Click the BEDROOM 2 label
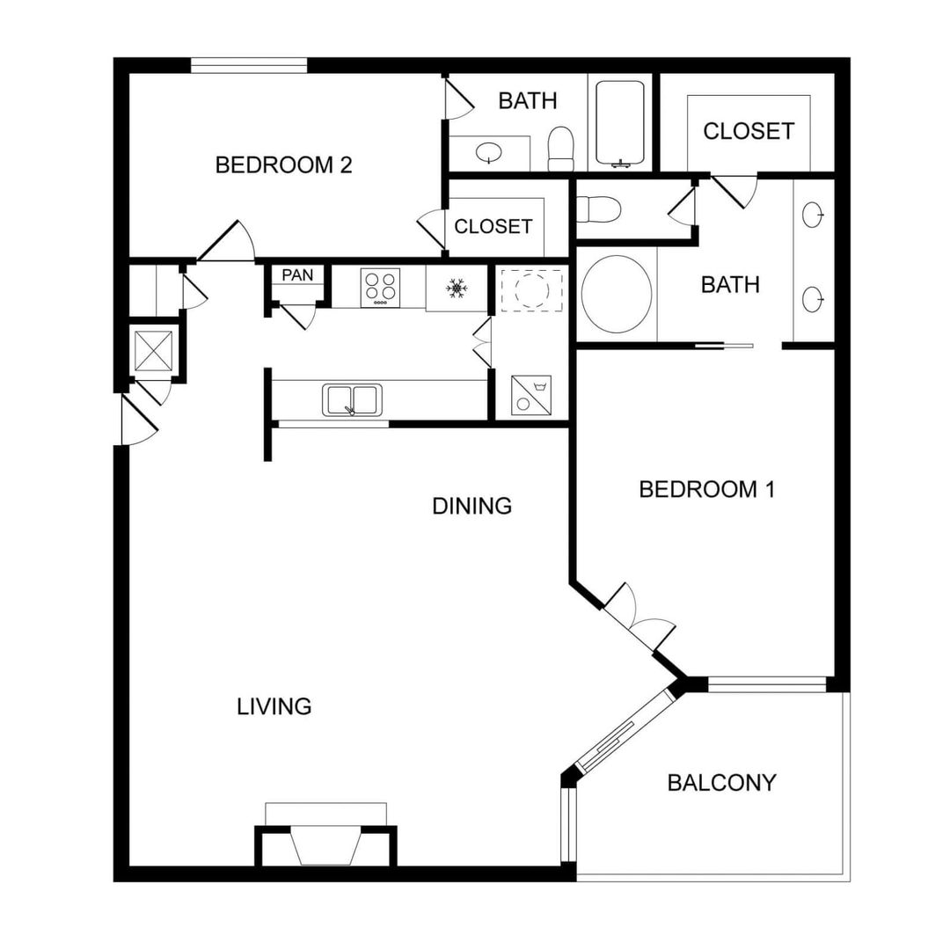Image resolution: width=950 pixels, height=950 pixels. (283, 164)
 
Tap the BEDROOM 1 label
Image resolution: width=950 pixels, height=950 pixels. (706, 489)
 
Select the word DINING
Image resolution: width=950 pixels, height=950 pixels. (471, 506)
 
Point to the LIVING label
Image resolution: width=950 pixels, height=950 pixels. (274, 706)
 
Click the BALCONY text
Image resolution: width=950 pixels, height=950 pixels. (721, 783)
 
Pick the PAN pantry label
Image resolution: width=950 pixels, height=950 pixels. (297, 275)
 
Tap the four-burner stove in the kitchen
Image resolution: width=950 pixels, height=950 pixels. (379, 288)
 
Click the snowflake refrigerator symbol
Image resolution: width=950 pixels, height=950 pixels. (456, 288)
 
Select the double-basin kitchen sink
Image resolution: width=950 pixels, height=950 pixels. (353, 399)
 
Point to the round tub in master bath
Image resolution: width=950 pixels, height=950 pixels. (617, 294)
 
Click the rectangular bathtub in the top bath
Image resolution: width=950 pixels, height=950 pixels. (621, 123)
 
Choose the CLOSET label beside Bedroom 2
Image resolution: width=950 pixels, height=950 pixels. (493, 226)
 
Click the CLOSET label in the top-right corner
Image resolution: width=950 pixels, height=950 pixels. (748, 131)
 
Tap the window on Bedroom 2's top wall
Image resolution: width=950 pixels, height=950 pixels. (249, 65)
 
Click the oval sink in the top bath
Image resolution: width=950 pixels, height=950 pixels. (488, 153)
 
